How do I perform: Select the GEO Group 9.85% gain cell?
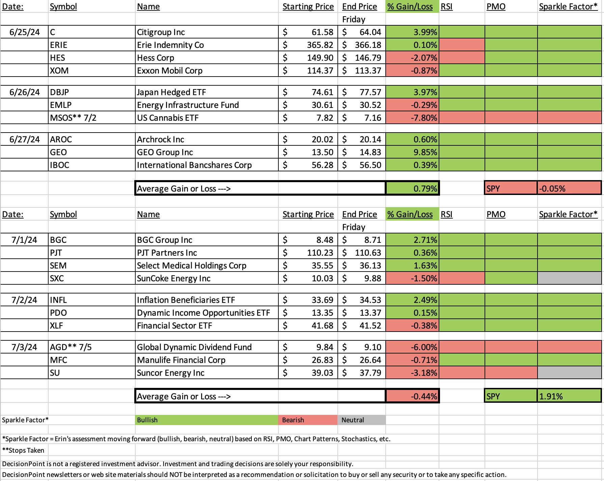(412, 152)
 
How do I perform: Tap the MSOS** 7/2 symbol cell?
(91, 118)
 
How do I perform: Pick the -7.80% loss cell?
(412, 118)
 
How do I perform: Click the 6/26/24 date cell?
(24, 92)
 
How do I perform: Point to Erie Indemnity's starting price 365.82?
(308, 45)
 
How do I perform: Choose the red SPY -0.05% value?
(569, 188)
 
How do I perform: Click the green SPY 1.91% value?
(569, 396)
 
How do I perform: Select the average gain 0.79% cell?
(412, 188)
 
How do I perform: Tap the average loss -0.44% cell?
(412, 396)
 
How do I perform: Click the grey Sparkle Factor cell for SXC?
(569, 278)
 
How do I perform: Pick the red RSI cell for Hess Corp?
(462, 58)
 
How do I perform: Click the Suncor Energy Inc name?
(171, 373)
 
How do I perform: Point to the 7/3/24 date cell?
(24, 347)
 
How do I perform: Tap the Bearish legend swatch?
(308, 420)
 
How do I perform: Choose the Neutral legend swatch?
(361, 420)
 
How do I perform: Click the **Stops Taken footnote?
(23, 450)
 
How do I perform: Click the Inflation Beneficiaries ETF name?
(186, 300)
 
